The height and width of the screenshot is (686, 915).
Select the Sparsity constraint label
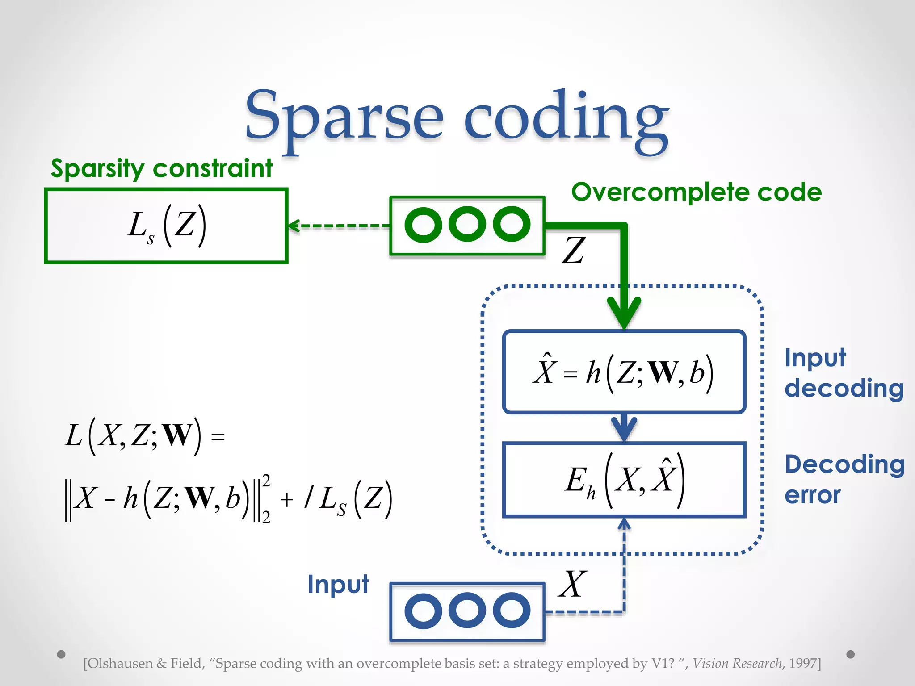click(x=162, y=169)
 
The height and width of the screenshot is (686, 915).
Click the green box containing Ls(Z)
click(x=166, y=226)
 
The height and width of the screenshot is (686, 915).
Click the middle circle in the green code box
click(x=467, y=224)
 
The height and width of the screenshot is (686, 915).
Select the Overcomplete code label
click(x=696, y=192)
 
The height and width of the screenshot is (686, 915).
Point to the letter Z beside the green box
click(x=574, y=251)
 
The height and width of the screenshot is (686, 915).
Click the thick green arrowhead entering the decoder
click(x=624, y=313)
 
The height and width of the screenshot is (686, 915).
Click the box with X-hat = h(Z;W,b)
click(x=624, y=372)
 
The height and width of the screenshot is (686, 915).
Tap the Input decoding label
click(x=844, y=373)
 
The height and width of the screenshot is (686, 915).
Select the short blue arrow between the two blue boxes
click(x=624, y=427)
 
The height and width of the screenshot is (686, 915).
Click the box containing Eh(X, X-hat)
click(x=624, y=480)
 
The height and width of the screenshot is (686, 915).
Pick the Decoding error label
click(x=844, y=479)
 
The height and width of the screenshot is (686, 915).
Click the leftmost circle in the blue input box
click(x=423, y=611)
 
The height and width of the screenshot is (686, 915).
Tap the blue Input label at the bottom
click(x=338, y=584)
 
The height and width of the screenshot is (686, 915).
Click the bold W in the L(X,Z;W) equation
click(x=177, y=435)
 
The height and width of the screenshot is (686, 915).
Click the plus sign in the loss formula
click(x=287, y=499)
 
